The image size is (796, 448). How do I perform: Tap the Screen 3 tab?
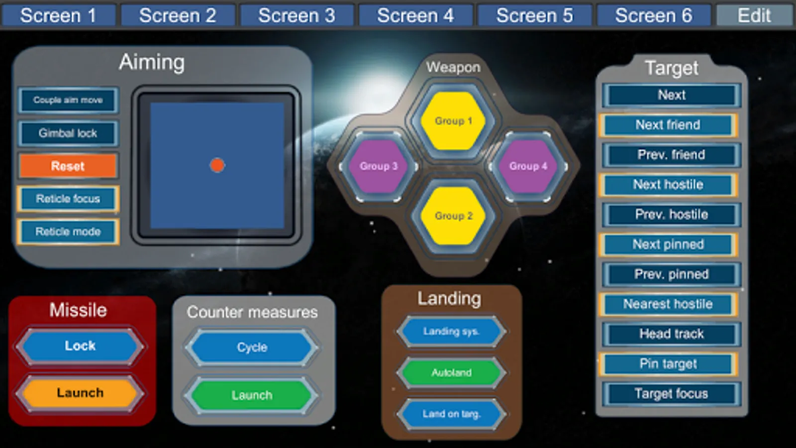tap(297, 15)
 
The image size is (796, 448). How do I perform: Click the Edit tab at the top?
tap(754, 15)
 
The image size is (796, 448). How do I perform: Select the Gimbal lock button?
tap(68, 133)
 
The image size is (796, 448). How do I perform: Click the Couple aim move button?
tap(68, 100)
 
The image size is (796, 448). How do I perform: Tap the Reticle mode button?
tap(68, 232)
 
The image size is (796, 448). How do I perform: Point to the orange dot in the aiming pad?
tap(217, 165)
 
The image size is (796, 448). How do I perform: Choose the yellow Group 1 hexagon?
tap(453, 121)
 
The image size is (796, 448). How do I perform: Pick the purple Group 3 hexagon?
tap(379, 166)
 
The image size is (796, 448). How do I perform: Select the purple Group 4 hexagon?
tap(528, 166)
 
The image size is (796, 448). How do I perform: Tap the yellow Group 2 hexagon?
tap(453, 216)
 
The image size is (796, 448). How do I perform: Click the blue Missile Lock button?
tap(80, 346)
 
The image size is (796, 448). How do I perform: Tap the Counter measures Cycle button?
tap(252, 347)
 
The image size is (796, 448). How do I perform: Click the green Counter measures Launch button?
tap(252, 395)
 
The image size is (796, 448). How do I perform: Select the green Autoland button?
tap(451, 373)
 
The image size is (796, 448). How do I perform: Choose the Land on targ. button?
tap(451, 414)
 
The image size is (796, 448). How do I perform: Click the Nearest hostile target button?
tap(668, 304)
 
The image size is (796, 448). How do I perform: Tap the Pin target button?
tap(668, 364)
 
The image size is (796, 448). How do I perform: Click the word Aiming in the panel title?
tap(152, 63)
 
